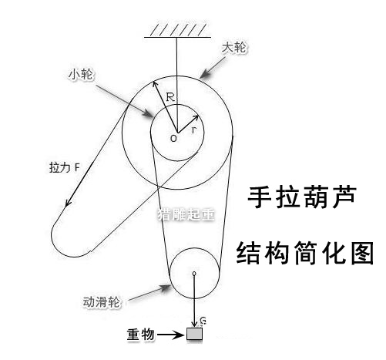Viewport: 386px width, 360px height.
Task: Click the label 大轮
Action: coord(234,48)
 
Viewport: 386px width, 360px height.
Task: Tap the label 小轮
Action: coord(81,75)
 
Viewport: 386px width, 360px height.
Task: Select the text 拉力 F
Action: coord(65,168)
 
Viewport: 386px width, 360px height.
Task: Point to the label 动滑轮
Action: coord(101,301)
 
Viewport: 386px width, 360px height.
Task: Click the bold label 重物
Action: coord(140,335)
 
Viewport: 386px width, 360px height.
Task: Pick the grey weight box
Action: coord(194,334)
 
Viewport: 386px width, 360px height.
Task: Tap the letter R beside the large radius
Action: coord(170,97)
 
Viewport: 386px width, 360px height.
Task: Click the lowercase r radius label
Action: coord(194,130)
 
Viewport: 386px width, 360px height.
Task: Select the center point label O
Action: coord(174,139)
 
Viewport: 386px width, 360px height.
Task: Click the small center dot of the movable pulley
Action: coord(194,274)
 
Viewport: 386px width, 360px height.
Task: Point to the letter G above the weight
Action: coord(203,321)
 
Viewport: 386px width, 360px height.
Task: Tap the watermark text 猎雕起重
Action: coord(186,214)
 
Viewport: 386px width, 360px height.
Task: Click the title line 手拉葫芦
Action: coord(302,197)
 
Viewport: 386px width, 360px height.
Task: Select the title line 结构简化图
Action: coord(305,253)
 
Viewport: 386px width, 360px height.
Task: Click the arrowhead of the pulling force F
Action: coord(69,202)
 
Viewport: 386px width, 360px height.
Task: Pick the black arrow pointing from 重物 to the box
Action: coord(170,335)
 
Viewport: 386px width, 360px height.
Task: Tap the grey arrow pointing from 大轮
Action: coord(212,67)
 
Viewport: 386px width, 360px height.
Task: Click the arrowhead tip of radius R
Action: coord(153,82)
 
